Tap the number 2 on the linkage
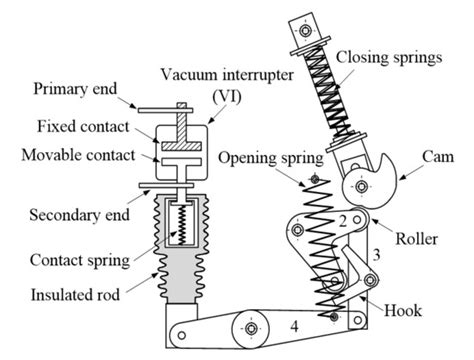[x=343, y=220]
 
